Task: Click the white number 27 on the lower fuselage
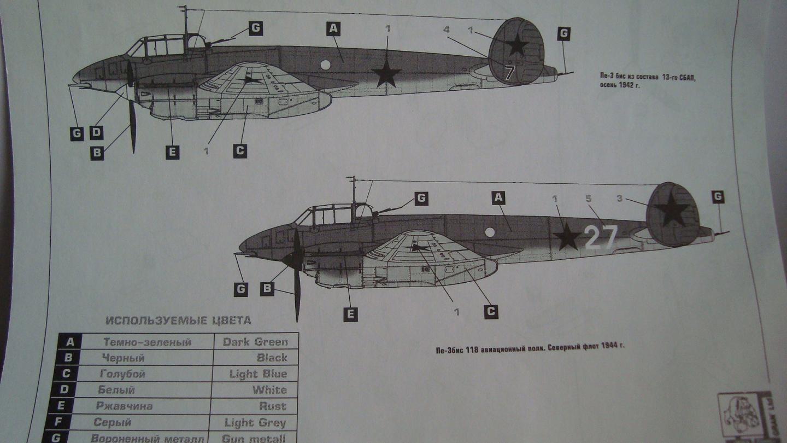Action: [601, 238]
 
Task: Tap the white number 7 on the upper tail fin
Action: [510, 72]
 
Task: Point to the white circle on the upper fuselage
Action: [325, 65]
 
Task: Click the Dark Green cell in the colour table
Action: [255, 342]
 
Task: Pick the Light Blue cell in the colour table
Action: [255, 374]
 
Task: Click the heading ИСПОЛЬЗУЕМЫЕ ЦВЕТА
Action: [178, 320]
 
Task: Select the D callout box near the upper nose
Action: [96, 132]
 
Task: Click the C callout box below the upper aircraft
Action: [240, 151]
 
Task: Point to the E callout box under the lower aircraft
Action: [350, 314]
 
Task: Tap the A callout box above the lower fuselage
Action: [498, 197]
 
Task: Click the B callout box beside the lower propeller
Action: [267, 288]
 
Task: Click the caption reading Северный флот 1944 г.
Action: [529, 346]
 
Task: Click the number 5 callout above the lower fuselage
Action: [589, 199]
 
